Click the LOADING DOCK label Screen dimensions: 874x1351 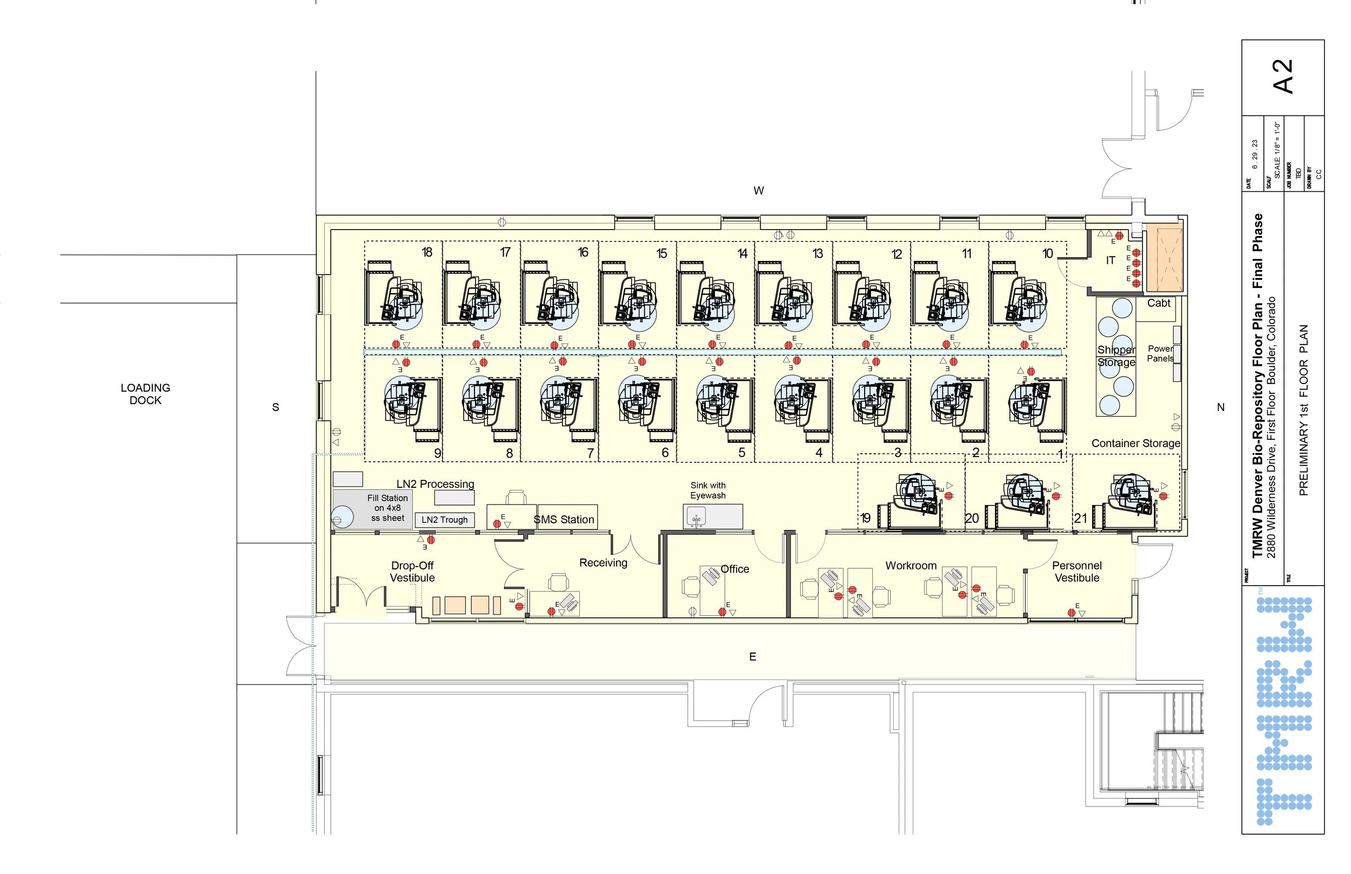(145, 394)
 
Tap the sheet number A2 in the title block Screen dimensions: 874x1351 (1283, 77)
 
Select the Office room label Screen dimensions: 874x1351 (734, 569)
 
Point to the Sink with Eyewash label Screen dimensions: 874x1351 (708, 490)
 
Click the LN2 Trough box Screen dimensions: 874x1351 (444, 520)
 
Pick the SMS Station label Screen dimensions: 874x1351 (564, 519)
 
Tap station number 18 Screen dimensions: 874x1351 (427, 252)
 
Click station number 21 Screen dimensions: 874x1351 (1080, 518)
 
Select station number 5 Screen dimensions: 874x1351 (741, 453)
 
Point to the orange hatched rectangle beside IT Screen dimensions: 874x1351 (1164, 258)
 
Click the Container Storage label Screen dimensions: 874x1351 (1135, 443)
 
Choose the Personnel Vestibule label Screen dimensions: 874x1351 (1077, 572)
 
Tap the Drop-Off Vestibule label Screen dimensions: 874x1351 (413, 572)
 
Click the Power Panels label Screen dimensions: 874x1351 (1160, 354)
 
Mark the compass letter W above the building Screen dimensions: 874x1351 (758, 191)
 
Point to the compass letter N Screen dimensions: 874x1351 (1220, 407)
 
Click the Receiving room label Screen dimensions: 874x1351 (603, 562)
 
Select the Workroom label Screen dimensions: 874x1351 (911, 566)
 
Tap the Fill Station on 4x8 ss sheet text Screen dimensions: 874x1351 (387, 508)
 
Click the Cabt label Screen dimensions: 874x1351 (1159, 303)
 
